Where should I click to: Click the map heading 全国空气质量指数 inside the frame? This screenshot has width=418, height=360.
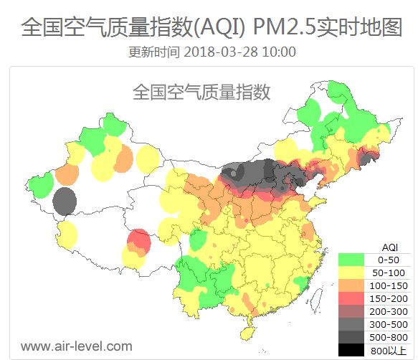click(x=201, y=93)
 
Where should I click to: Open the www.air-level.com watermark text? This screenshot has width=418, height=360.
click(x=76, y=346)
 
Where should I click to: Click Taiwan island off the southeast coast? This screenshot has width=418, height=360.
click(x=307, y=289)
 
